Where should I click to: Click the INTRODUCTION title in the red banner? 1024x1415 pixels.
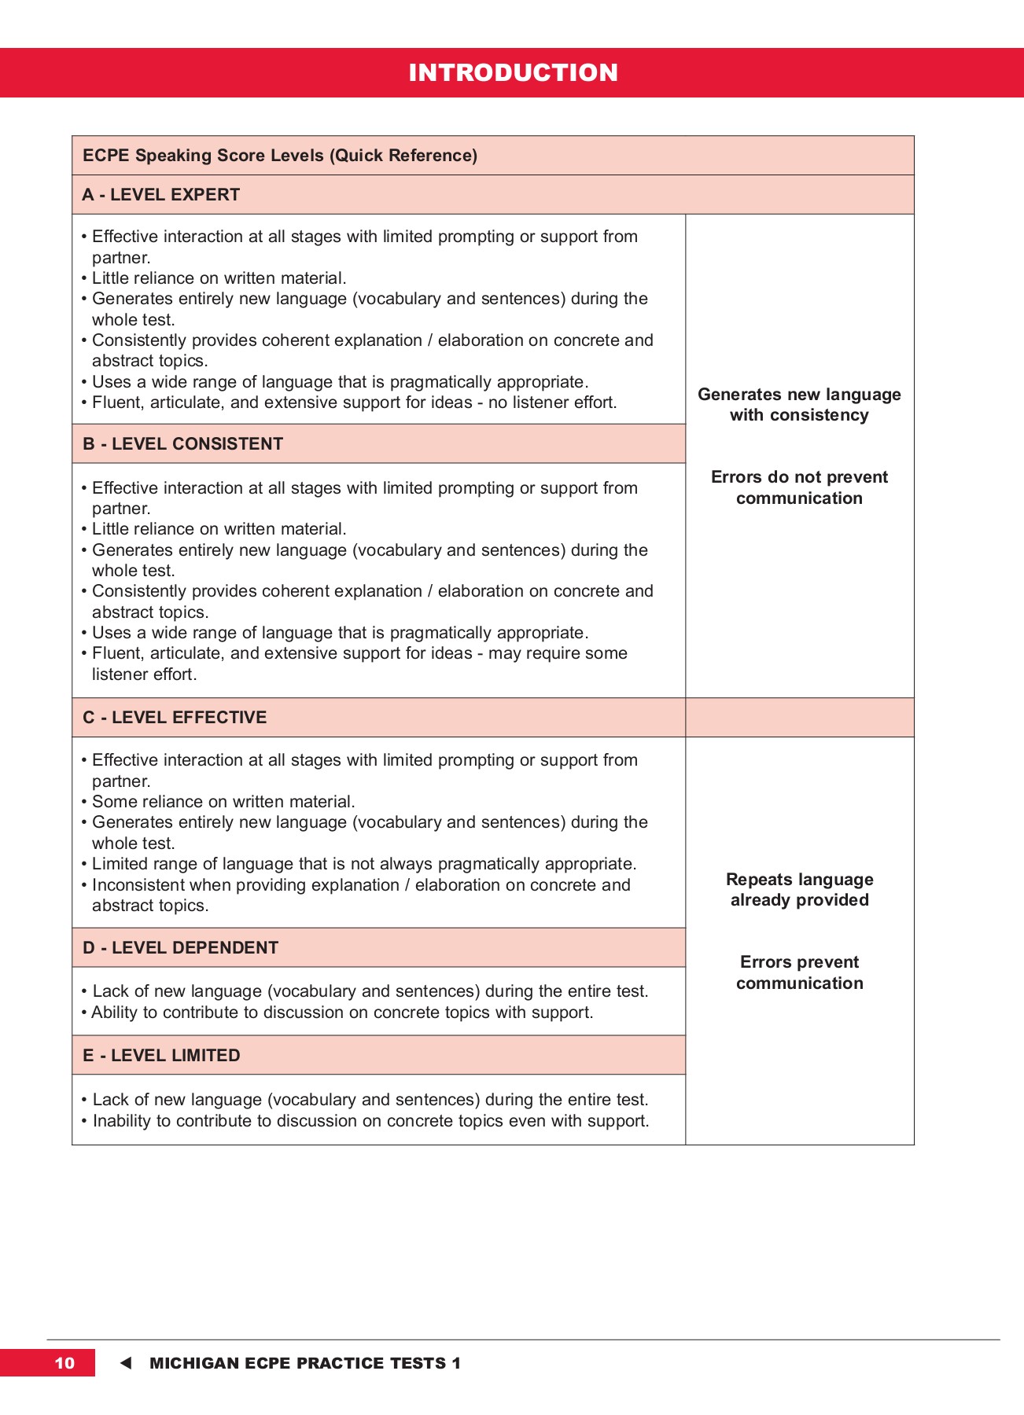pos(513,72)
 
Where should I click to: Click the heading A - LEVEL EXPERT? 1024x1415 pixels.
pos(161,194)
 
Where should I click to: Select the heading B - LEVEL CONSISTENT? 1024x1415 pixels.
pos(182,443)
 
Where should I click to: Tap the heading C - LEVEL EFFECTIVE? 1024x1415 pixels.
pos(175,717)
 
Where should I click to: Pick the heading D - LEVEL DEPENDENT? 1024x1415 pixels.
pos(180,947)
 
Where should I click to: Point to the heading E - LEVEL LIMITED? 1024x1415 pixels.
pos(161,1055)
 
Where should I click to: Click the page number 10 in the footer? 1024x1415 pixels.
pos(64,1363)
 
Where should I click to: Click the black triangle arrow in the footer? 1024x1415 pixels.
pos(126,1363)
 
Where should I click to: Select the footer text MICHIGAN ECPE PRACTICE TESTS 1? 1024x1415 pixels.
pos(305,1363)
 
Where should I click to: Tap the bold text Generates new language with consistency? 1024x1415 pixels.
pos(799,404)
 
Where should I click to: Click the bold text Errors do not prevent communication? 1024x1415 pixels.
pos(799,487)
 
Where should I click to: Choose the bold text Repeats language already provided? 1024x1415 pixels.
pos(799,889)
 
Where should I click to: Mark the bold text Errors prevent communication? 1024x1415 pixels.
pos(799,972)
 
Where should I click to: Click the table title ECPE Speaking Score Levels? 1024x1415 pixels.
pos(279,155)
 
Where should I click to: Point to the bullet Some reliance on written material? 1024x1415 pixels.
pos(223,801)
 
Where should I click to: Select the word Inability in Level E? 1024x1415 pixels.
pos(121,1120)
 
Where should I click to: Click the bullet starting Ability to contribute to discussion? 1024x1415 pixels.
pos(342,1012)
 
